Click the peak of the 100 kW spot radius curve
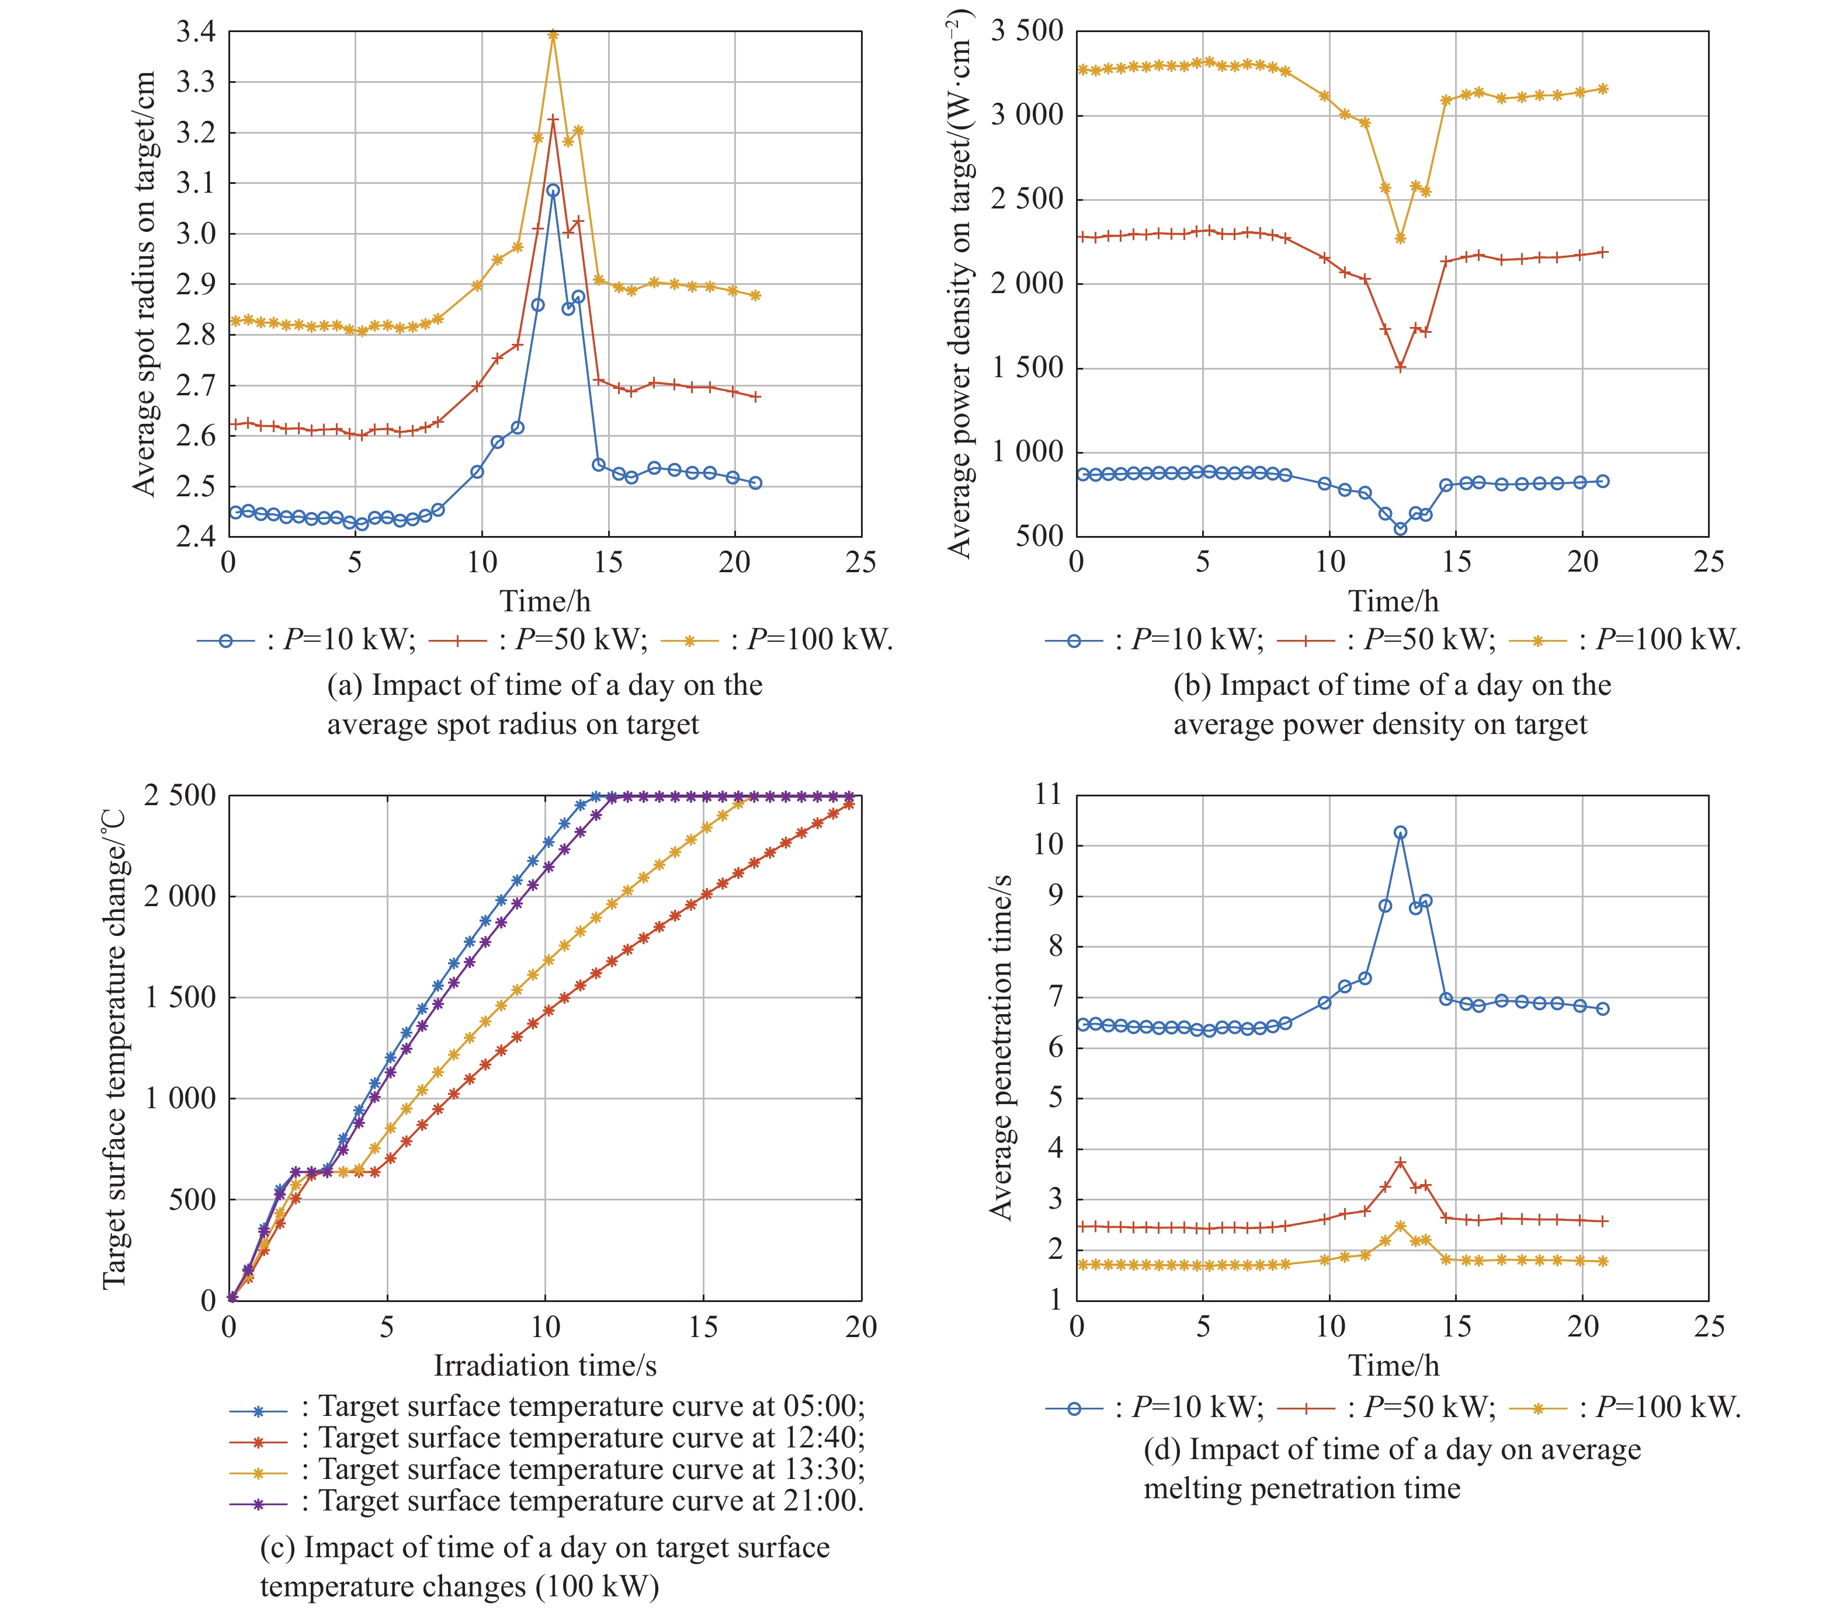pos(553,35)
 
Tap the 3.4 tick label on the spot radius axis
pos(195,32)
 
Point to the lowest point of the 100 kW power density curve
pos(1400,238)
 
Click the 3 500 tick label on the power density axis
pos(1027,32)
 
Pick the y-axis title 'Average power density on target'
pos(960,283)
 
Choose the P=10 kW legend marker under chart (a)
pos(226,641)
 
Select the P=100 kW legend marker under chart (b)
pos(1537,641)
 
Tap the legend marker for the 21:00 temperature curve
pos(258,1503)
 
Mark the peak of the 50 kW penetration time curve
pos(1400,1162)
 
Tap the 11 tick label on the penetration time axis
pos(1049,795)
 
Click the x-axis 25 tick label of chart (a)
pos(860,562)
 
